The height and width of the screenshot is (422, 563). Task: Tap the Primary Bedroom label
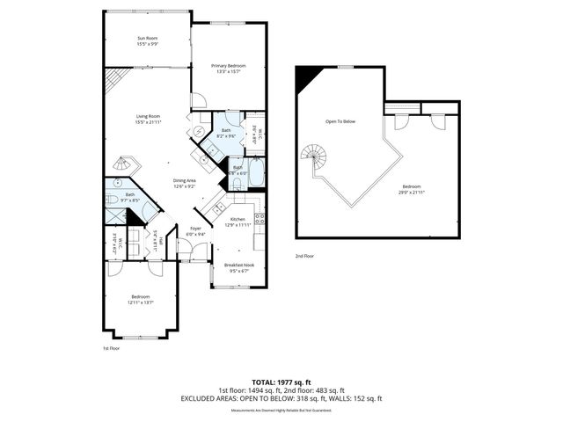228,65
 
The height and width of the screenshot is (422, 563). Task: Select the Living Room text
147,116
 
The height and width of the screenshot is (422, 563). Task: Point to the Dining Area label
185,180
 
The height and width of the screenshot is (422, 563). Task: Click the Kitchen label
238,219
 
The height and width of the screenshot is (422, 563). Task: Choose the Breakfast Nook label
238,265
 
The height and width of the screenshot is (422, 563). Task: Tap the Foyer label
195,229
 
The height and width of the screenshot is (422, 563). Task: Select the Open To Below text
340,121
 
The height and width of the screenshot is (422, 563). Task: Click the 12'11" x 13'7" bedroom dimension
140,302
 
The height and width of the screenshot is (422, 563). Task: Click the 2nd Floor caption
305,255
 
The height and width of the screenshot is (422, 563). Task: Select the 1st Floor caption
112,348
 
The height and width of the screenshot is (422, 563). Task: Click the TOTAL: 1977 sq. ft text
281,382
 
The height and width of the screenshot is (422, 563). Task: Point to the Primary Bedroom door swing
200,98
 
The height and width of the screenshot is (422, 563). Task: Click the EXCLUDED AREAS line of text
281,398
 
